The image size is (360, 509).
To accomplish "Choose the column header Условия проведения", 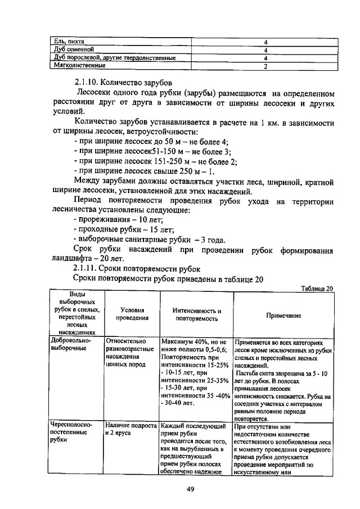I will coord(133,314).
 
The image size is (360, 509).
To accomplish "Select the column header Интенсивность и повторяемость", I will coord(196,314).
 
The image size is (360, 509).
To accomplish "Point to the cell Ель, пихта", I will coord(69,41).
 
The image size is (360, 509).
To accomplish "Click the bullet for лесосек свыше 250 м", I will coord(144,172).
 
